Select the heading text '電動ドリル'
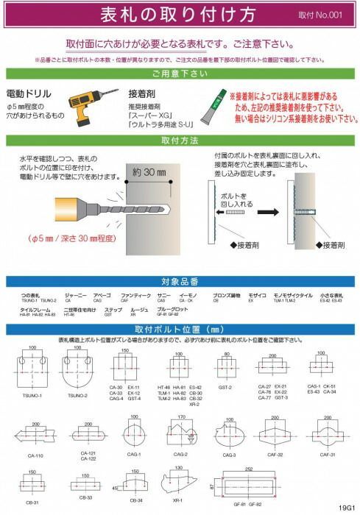coord(28,94)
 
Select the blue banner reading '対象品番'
coord(180,282)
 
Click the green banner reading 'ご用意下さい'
coord(180,75)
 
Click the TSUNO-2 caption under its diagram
coord(76,396)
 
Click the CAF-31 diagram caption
coord(327,455)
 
